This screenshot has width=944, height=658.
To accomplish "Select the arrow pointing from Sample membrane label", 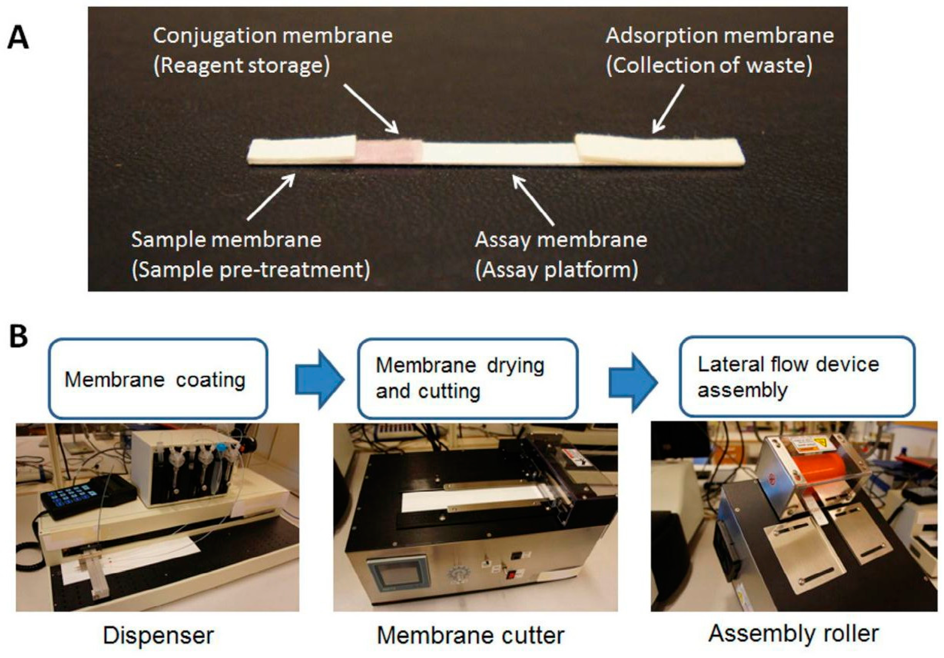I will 272,196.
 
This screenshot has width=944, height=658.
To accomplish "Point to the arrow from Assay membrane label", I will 533,200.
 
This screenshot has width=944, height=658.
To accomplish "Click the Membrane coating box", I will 158,379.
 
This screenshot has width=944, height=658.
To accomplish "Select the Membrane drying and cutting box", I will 468,379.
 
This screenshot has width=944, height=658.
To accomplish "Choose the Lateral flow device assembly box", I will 797,376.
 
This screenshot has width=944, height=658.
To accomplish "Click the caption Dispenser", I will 158,635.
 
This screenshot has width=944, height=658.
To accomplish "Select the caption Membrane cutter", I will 470,635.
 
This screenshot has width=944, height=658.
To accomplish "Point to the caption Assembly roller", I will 793,633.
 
